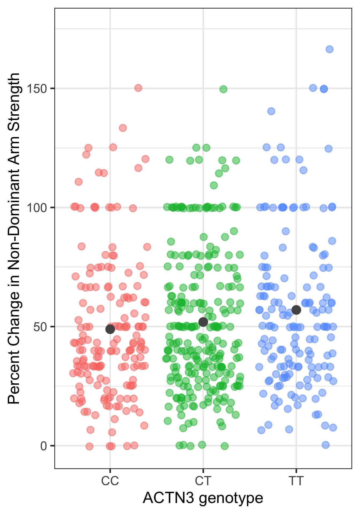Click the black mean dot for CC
pos(110,329)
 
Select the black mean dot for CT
pos(203,322)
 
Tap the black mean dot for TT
pos(296,310)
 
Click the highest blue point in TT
pos(329,49)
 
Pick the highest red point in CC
pos(138,88)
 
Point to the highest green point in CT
pos(223,89)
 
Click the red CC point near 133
pos(123,128)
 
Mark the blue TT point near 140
pos(271,111)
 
